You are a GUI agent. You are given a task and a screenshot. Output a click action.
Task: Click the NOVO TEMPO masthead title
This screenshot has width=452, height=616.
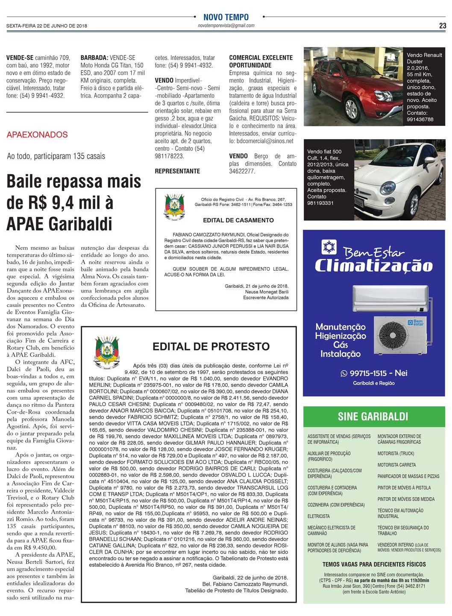pyautogui.click(x=226, y=17)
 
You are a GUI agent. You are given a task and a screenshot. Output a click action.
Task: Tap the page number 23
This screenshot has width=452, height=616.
pyautogui.click(x=443, y=26)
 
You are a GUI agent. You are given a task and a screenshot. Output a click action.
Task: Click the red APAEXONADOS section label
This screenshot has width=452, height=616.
pyautogui.click(x=37, y=135)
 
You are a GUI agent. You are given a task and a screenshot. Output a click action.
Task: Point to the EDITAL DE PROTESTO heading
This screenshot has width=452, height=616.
pyautogui.click(x=211, y=346)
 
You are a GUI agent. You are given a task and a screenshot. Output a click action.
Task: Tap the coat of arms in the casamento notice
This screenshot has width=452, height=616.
pyautogui.click(x=174, y=206)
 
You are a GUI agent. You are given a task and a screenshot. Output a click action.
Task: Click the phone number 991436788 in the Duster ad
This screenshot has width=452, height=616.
pyautogui.click(x=420, y=120)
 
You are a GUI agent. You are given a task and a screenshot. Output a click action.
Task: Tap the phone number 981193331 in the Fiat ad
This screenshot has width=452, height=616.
pyautogui.click(x=320, y=203)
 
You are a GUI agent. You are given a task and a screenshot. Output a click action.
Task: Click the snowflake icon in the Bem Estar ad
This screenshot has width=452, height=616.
pyautogui.click(x=329, y=247)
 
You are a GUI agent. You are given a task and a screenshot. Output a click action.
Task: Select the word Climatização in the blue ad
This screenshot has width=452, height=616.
pyautogui.click(x=374, y=266)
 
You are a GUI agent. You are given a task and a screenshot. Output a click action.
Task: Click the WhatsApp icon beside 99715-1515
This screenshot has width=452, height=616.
pyautogui.click(x=344, y=374)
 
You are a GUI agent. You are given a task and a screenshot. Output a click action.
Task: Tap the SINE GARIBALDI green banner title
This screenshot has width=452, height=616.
pyautogui.click(x=373, y=416)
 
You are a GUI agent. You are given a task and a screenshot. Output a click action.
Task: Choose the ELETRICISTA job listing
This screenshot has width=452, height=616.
pyautogui.click(x=319, y=516)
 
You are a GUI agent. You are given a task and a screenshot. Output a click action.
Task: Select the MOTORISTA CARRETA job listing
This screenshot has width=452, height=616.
pyautogui.click(x=396, y=465)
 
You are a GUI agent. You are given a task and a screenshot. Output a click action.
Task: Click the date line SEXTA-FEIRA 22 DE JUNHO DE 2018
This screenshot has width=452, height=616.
pyautogui.click(x=47, y=26)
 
